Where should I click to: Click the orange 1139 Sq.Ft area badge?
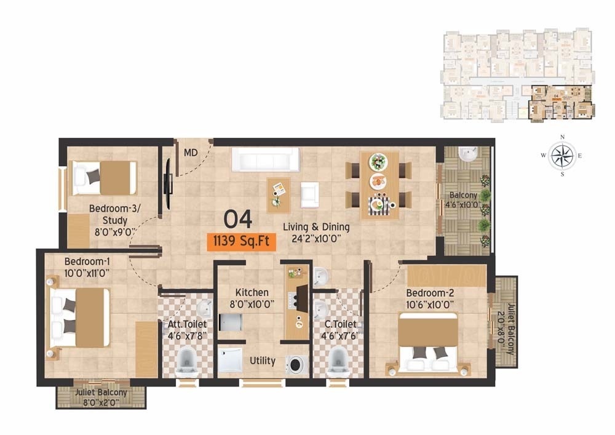click(241, 241)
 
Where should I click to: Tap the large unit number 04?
click(238, 218)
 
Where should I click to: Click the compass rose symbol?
click(561, 156)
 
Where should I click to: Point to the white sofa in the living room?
click(264, 161)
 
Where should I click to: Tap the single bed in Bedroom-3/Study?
click(105, 177)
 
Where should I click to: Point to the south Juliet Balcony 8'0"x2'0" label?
click(101, 397)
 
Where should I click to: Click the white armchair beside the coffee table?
click(309, 194)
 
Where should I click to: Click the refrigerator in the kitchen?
click(230, 322)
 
